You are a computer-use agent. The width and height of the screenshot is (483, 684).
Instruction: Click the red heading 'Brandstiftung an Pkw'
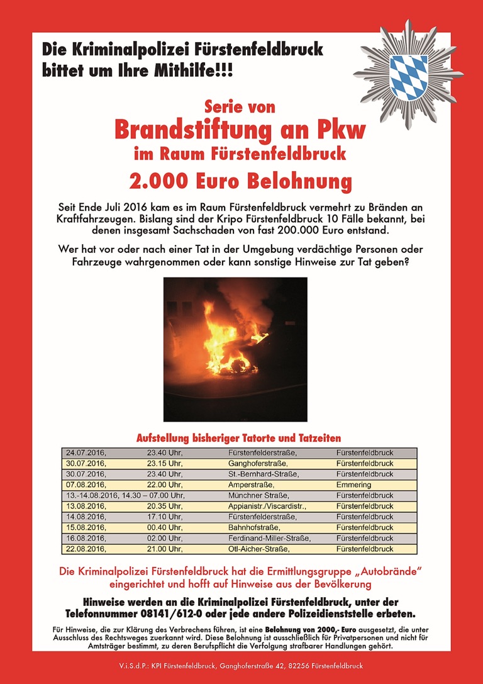240,131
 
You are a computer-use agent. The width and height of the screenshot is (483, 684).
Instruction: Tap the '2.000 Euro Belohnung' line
240,182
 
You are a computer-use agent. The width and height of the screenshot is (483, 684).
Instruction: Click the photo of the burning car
235,349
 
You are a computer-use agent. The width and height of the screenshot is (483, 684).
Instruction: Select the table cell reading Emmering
353,485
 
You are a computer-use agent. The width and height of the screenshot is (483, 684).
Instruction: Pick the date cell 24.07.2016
86,453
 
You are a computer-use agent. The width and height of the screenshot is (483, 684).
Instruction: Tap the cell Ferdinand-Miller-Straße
269,538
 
